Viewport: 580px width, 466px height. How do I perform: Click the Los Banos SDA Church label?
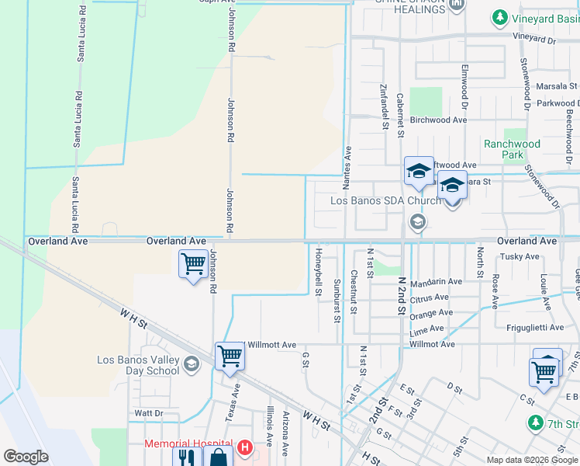(385, 200)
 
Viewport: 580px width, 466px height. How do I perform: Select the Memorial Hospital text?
(189, 446)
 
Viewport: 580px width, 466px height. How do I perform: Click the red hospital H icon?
(245, 447)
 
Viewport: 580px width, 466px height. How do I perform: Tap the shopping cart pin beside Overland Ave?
(192, 264)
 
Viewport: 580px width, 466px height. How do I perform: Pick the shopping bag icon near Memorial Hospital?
(219, 458)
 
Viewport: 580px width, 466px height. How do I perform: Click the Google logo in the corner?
(26, 456)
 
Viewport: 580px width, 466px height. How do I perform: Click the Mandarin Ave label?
(436, 282)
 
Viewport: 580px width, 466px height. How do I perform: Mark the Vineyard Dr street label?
(534, 38)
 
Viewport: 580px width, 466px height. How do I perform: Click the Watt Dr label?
(148, 413)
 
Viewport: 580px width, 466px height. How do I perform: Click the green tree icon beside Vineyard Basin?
(500, 17)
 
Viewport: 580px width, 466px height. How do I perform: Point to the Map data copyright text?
(532, 460)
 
